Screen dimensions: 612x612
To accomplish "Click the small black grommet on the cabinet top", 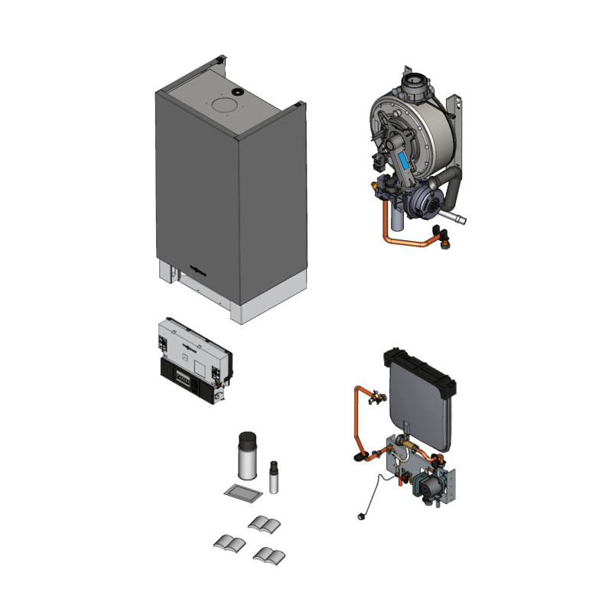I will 237,92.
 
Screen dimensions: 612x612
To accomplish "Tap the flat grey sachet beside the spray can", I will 243,492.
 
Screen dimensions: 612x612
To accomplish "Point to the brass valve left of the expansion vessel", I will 376,397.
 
